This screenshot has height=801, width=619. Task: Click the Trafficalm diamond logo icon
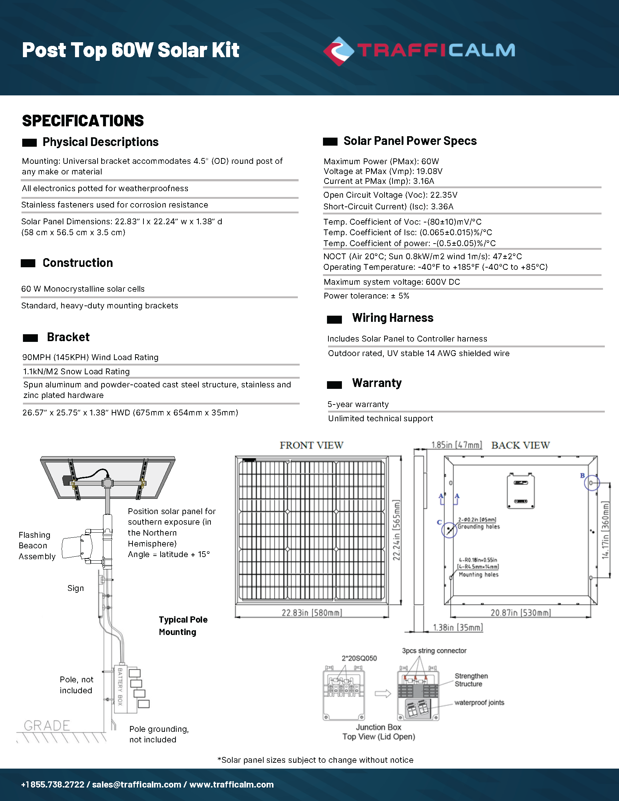pos(339,51)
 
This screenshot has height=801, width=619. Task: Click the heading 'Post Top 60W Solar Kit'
pos(131,50)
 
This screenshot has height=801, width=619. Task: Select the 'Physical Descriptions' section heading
pos(100,142)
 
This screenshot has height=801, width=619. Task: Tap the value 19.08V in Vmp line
pos(429,171)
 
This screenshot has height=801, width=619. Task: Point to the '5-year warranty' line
pos(358,404)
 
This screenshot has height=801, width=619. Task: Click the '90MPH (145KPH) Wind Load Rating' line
pos(90,357)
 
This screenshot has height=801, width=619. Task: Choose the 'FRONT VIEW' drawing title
pos(311,445)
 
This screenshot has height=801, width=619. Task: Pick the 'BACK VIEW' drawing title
pos(520,445)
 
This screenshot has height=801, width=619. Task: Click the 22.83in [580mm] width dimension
pos(312,613)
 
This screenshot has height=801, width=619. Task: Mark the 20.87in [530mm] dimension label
pos(520,613)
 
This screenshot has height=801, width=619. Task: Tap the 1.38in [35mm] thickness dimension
pos(458,628)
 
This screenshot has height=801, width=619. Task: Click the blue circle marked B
pos(591,483)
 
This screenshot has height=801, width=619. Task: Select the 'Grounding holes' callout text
pos(478,527)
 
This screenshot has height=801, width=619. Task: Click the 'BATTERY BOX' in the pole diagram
pos(120,687)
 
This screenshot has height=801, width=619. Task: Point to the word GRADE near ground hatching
pos(47,725)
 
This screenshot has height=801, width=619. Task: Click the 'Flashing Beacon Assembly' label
pos(37,546)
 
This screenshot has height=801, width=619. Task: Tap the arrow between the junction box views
pos(383,694)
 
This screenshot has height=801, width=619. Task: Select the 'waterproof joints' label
pos(479,703)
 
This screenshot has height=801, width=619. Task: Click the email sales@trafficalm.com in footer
pos(137,785)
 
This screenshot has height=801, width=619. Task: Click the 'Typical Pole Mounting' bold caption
pos(183,626)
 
